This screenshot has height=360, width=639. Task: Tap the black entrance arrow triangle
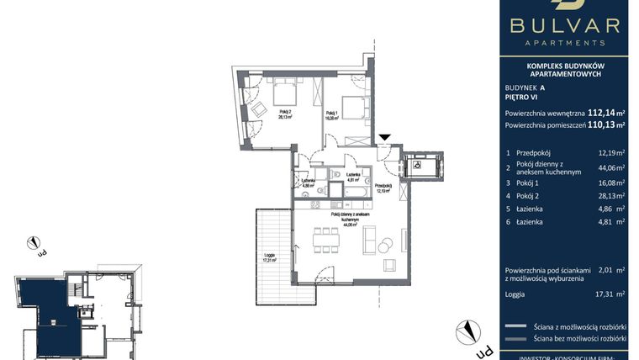(x=384, y=138)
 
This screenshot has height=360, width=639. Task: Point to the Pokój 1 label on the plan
(x=331, y=116)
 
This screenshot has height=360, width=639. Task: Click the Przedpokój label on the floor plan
(x=383, y=188)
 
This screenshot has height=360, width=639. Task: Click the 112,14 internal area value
(x=600, y=112)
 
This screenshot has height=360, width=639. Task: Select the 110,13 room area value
(x=600, y=125)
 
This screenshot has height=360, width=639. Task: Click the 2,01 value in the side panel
(x=605, y=271)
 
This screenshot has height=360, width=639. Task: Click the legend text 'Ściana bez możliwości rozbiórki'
(x=580, y=339)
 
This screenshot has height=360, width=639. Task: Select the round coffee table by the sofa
(x=385, y=246)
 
